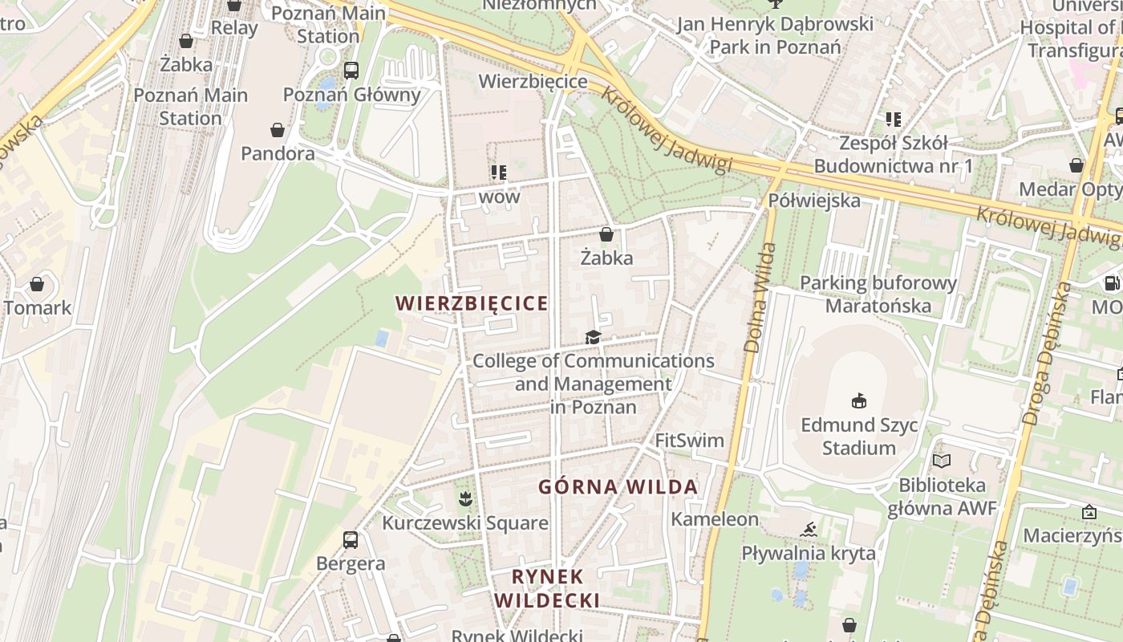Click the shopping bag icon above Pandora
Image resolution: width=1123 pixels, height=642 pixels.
pos(278,129)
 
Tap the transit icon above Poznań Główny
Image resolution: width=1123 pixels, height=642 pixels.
pos(351,70)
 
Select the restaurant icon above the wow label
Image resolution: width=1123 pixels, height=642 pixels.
pos(499,173)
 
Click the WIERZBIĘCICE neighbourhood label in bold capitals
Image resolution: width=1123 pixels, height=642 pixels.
pos(472,303)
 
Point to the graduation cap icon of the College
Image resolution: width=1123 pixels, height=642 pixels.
pos(593,337)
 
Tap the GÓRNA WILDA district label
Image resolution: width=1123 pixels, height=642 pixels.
pos(618,487)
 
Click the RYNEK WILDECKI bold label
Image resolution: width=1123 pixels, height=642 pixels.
pos(547,588)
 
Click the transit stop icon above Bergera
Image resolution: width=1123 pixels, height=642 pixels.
pos(351,539)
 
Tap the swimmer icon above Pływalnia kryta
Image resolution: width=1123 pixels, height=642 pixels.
pos(809,529)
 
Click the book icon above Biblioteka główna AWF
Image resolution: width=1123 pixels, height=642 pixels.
pos(942,461)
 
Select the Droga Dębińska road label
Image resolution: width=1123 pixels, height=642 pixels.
pos(1048,353)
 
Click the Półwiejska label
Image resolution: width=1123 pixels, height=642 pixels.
pos(814,200)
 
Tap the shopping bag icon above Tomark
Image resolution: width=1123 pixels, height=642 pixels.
pos(37,284)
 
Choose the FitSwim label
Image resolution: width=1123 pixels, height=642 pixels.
pos(689,441)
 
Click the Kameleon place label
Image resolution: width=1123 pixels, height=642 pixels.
pos(714,519)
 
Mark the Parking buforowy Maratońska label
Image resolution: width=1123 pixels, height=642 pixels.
pos(878,294)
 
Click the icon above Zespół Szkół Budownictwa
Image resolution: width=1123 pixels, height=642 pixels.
pos(894,120)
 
